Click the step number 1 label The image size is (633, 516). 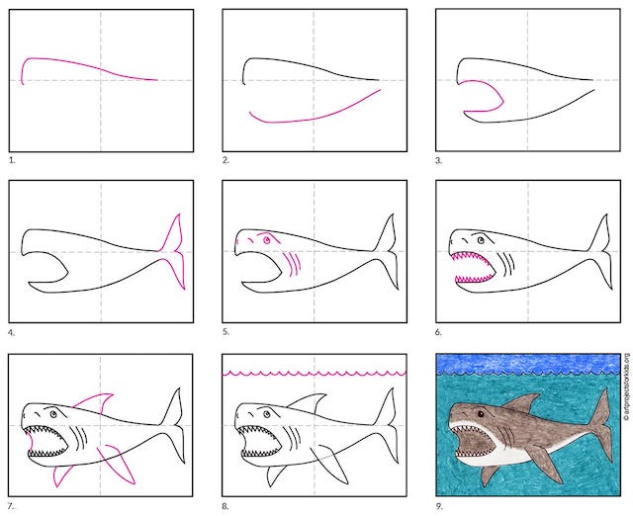(12, 160)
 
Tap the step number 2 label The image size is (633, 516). (226, 160)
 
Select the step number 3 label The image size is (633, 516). (439, 160)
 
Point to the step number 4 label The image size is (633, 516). (12, 333)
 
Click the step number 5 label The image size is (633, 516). (226, 332)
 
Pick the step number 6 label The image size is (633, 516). (439, 332)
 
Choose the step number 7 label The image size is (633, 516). (12, 506)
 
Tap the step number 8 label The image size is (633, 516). (226, 506)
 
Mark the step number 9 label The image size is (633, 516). (439, 506)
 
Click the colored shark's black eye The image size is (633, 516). (481, 414)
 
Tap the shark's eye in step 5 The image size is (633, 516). (266, 240)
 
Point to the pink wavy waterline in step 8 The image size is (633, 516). (315, 374)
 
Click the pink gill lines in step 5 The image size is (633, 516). (293, 264)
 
